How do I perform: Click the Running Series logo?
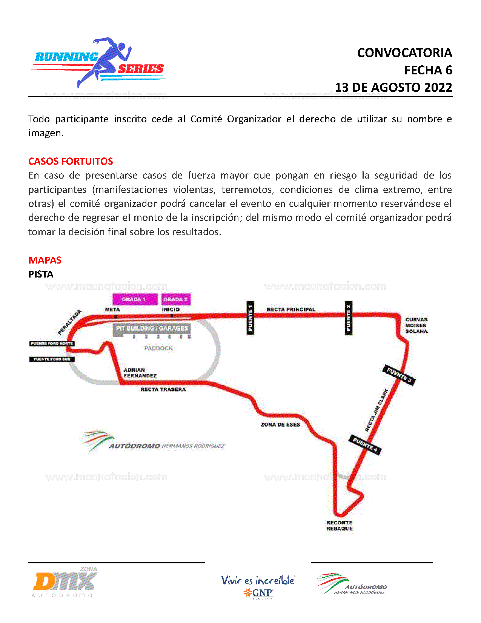tap(99, 63)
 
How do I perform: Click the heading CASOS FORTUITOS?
tap(71, 161)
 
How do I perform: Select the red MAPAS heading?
tap(45, 260)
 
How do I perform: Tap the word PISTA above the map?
tap(41, 274)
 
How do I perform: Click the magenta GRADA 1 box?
tap(135, 299)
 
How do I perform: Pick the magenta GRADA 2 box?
tap(175, 299)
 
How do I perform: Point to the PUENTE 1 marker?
tap(250, 318)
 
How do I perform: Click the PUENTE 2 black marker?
tap(349, 318)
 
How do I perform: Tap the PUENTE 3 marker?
tap(399, 375)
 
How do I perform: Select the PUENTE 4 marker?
tap(365, 444)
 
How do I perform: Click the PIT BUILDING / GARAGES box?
tap(152, 328)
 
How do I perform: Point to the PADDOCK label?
tap(158, 348)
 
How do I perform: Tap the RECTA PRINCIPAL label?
tap(291, 309)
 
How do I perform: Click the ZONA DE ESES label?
tap(280, 424)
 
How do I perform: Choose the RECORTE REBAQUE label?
tap(339, 526)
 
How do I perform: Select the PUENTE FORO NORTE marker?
tap(52, 343)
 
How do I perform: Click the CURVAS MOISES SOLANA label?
tap(416, 325)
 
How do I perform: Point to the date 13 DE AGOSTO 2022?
tap(393, 88)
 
